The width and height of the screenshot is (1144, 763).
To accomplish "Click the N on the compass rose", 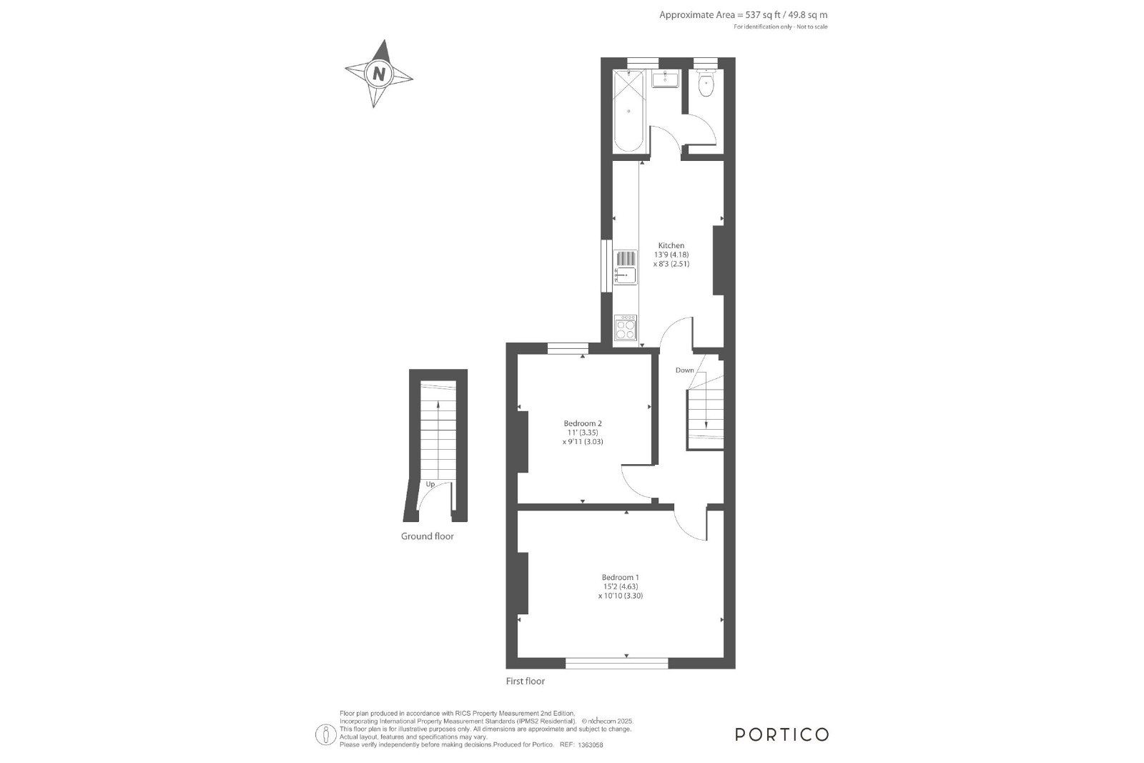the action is (x=379, y=74).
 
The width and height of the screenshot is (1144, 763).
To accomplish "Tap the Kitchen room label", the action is (x=671, y=245).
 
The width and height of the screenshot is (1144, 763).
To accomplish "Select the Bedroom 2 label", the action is (x=583, y=423).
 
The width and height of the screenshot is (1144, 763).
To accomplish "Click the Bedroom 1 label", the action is (x=621, y=577).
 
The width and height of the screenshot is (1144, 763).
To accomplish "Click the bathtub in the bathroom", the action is (x=628, y=111).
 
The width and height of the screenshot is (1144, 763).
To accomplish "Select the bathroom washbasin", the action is (x=666, y=79).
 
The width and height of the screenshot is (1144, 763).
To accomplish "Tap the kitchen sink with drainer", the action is (x=626, y=267).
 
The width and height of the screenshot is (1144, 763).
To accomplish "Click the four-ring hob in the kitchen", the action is (x=626, y=328).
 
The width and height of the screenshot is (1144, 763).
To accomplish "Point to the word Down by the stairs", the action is (x=685, y=370).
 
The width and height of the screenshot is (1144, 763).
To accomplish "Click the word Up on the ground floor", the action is (x=430, y=484).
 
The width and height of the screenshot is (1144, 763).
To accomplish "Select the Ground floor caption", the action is (x=428, y=536).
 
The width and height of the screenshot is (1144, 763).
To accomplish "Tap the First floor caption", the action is (x=526, y=681).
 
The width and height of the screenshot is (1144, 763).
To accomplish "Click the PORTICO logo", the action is (x=782, y=734).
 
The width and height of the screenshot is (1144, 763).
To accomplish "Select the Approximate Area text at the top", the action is (x=744, y=15).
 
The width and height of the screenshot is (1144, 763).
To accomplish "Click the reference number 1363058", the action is (x=591, y=745).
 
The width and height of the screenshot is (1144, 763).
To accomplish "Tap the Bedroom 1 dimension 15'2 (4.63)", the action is (x=621, y=586).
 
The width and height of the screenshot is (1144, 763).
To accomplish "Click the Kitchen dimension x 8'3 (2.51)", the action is (x=671, y=264).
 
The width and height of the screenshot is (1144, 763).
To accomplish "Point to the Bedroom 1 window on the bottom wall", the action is (x=617, y=663).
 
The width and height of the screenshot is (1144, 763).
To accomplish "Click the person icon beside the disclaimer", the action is (x=326, y=735).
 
